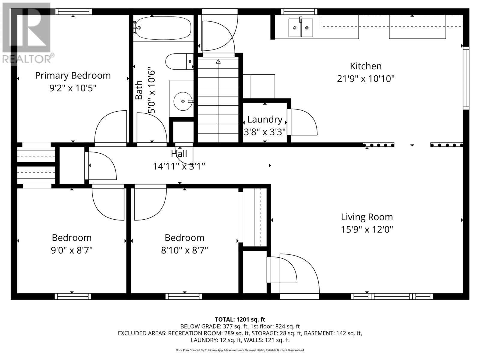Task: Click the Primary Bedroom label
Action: (x=73, y=75)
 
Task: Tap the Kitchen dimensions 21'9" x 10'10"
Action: (x=365, y=79)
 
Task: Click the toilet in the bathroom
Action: (x=178, y=61)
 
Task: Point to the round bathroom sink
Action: (x=183, y=101)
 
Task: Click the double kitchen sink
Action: (x=301, y=28)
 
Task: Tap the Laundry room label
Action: (x=265, y=119)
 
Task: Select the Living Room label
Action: (x=367, y=217)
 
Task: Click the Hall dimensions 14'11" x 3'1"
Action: (x=179, y=166)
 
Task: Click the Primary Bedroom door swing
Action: (x=110, y=127)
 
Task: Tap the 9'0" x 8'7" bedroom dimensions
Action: (x=72, y=250)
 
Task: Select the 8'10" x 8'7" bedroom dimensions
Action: (x=184, y=250)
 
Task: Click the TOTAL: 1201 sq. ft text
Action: (x=240, y=319)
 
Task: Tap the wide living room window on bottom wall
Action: (x=392, y=296)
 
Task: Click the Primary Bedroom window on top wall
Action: (x=73, y=11)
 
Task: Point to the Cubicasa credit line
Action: (x=240, y=350)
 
